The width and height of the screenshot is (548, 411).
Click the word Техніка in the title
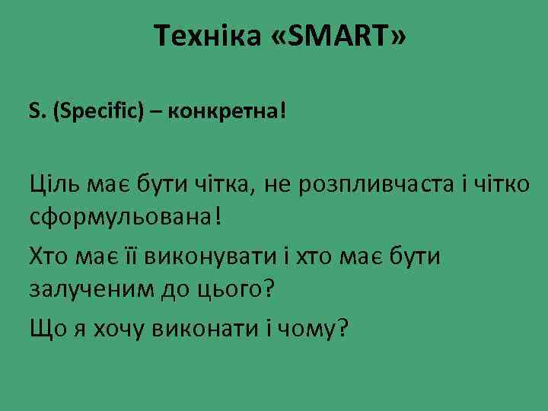click(205, 35)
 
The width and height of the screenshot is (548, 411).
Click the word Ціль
click(53, 183)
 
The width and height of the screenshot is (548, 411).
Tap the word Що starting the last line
click(46, 329)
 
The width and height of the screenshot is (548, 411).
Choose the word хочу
click(122, 330)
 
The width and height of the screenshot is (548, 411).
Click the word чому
click(309, 329)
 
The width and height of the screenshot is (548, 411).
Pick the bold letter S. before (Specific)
click(37, 112)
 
